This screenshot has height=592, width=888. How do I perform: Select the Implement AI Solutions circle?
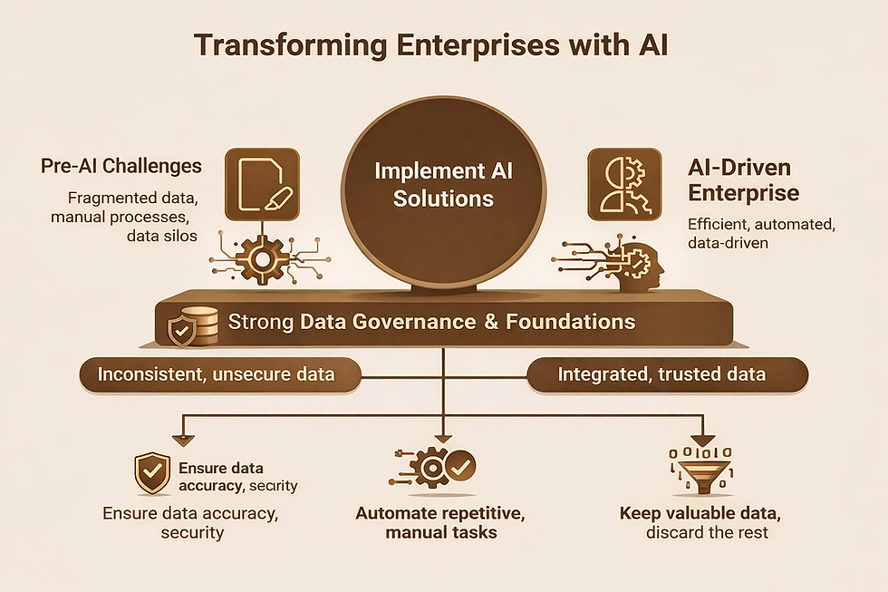[443, 184]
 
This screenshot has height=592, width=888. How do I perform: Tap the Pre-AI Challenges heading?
[121, 166]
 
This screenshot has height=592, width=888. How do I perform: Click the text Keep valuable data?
[700, 513]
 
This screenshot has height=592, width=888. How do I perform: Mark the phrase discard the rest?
[707, 531]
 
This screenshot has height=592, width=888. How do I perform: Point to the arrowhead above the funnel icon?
[702, 440]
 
